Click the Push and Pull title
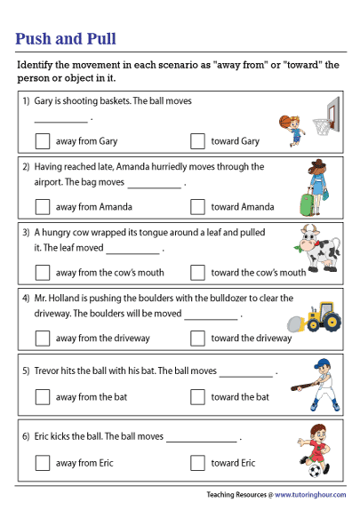(x=66, y=39)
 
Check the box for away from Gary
(x=43, y=140)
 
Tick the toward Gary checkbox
(x=197, y=140)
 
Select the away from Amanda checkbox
(x=43, y=206)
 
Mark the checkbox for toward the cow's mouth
(x=197, y=272)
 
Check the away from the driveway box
(x=43, y=338)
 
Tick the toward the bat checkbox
(x=197, y=396)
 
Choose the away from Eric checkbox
(x=43, y=462)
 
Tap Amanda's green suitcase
(x=308, y=205)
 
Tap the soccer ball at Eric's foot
(x=315, y=470)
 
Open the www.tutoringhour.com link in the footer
(x=310, y=494)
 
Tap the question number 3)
(x=27, y=232)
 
